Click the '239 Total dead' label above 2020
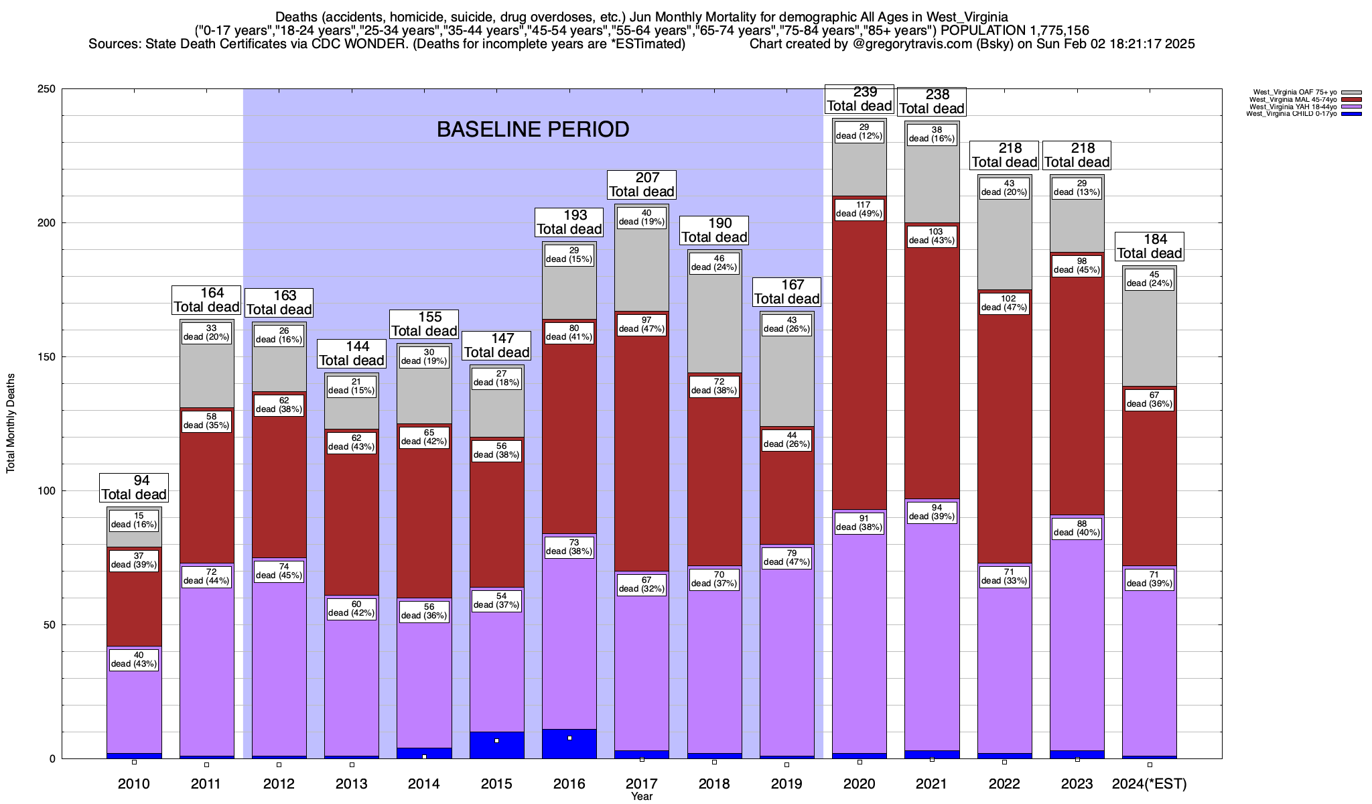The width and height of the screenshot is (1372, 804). pos(860,99)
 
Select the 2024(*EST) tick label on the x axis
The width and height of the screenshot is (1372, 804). pos(1149,784)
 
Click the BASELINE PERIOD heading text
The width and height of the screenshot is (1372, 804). pos(533,129)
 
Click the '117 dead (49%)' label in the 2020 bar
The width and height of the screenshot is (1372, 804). pos(860,210)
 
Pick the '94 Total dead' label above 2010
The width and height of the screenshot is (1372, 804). pos(134,488)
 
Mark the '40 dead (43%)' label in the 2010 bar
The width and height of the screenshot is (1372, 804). pos(134,660)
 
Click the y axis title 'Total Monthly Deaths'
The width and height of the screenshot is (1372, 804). pos(11,423)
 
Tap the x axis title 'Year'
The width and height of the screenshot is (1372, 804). pos(641,797)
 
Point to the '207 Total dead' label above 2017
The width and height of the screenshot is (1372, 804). pos(641,185)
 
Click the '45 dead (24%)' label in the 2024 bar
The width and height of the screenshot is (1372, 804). pos(1150,279)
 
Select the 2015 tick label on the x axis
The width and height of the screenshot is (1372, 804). pos(496,784)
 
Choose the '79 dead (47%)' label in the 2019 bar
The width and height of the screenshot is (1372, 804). pos(786,558)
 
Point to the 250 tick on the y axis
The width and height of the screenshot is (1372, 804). pos(48,89)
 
